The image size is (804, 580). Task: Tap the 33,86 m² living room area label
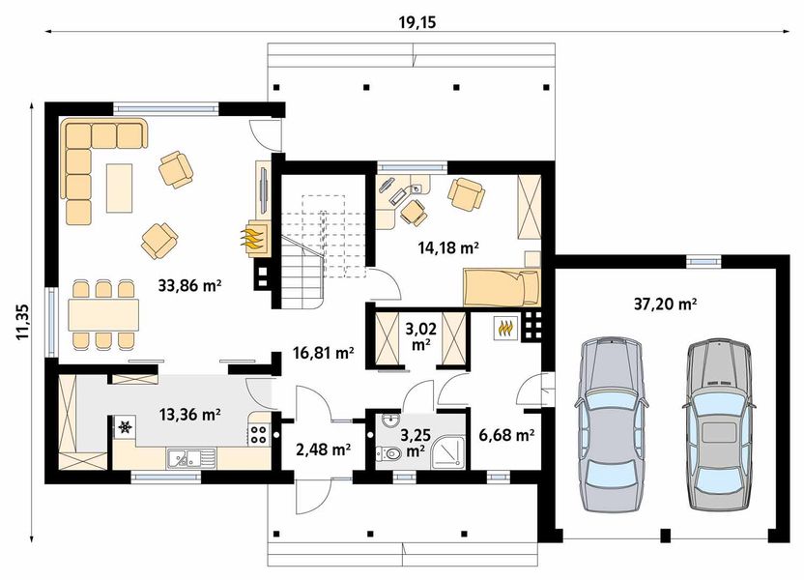(189, 285)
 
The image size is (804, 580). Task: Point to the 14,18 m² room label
(448, 247)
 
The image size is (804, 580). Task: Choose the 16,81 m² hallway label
(323, 353)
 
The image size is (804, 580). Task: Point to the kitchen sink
(183, 456)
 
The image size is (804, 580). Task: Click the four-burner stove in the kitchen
(258, 435)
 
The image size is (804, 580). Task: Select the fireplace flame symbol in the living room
(253, 237)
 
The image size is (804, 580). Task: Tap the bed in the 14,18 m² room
(501, 286)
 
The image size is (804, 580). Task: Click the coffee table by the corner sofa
(119, 188)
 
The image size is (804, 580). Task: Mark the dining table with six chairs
(102, 315)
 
